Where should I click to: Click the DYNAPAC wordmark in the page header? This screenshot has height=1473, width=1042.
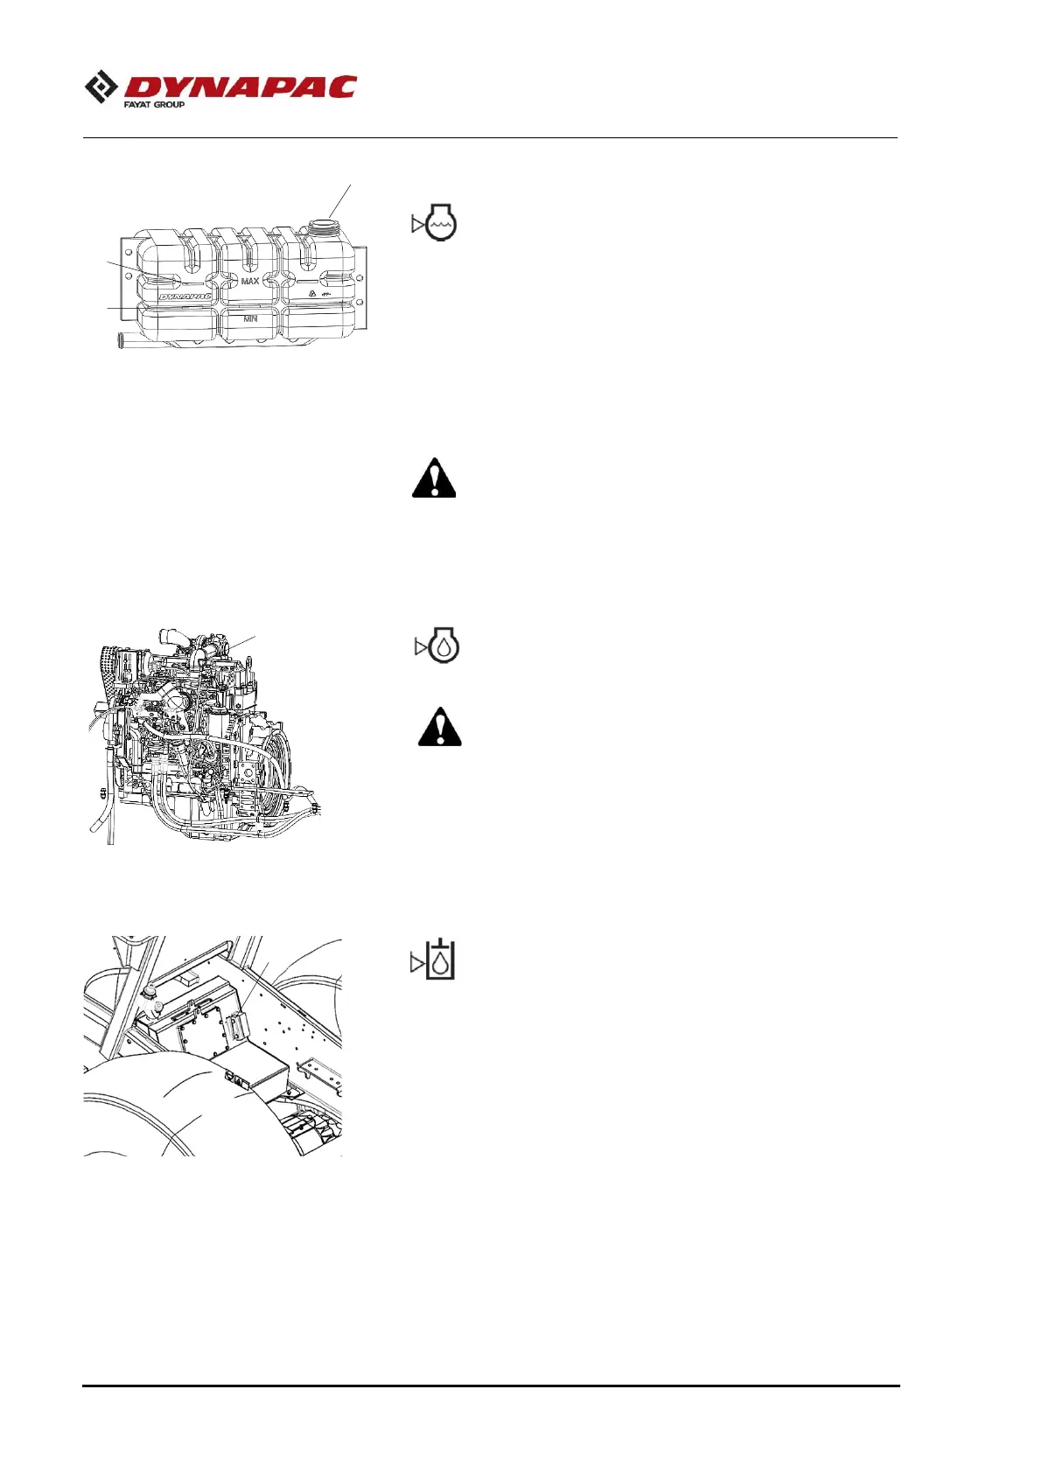click(241, 87)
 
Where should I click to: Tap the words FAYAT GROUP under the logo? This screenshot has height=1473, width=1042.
click(154, 105)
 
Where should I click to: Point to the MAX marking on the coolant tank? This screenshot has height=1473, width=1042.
click(250, 282)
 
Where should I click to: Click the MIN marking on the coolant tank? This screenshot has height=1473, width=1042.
click(250, 319)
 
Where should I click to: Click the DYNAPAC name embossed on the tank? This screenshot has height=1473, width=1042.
click(185, 297)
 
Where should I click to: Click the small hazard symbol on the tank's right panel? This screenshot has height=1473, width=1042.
click(312, 296)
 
